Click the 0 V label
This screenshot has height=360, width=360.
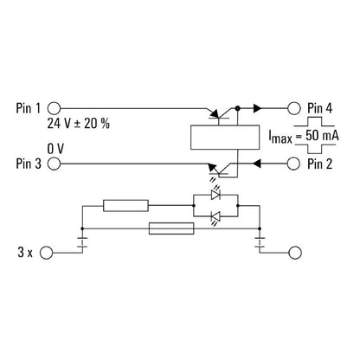(x=56, y=149)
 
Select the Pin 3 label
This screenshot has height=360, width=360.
(x=29, y=162)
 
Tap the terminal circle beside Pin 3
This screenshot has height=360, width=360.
(x=54, y=162)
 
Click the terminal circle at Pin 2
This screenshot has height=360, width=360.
(x=294, y=162)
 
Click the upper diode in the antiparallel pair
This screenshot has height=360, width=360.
(x=215, y=196)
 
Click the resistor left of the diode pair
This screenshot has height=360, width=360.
(x=126, y=206)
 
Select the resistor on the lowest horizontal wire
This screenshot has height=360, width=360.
(x=170, y=229)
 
